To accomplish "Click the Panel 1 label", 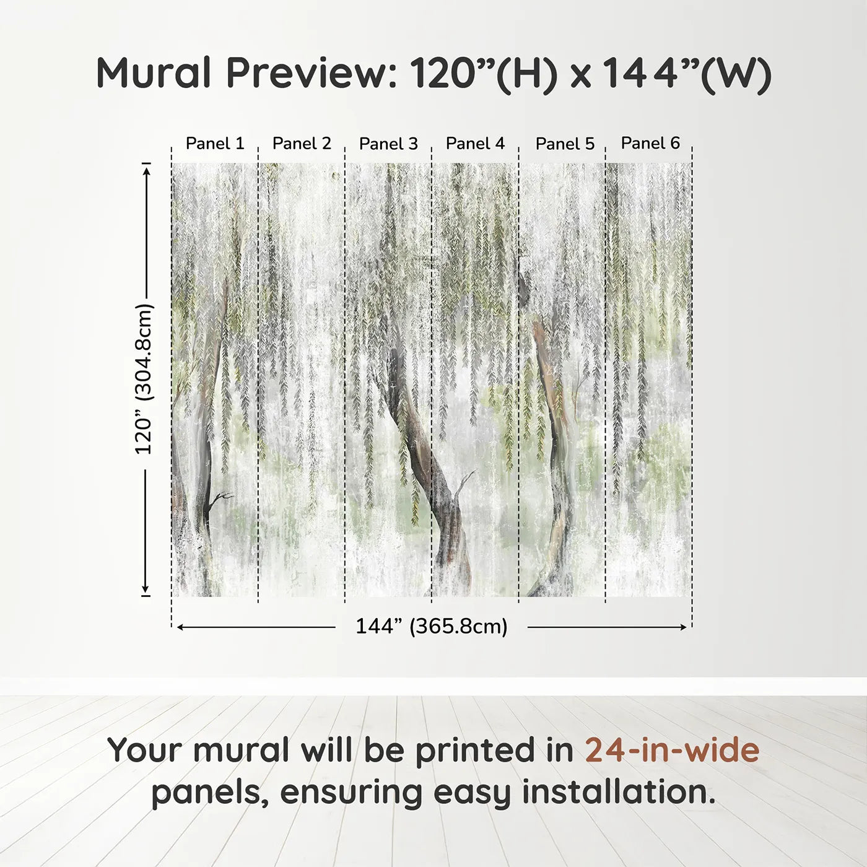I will [x=215, y=144].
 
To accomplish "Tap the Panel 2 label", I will [x=302, y=144].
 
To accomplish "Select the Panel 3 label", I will [x=388, y=144].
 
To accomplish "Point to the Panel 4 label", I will [x=475, y=144].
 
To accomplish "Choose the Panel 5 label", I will [x=565, y=144].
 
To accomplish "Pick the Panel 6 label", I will [x=650, y=143].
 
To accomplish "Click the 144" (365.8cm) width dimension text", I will [x=431, y=627].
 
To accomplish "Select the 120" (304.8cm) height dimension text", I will [x=144, y=379].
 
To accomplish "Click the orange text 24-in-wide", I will [x=672, y=750].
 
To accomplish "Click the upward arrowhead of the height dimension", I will [x=146, y=169].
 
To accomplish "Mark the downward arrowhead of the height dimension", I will [x=146, y=590].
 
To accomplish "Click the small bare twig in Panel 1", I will [x=220, y=497].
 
